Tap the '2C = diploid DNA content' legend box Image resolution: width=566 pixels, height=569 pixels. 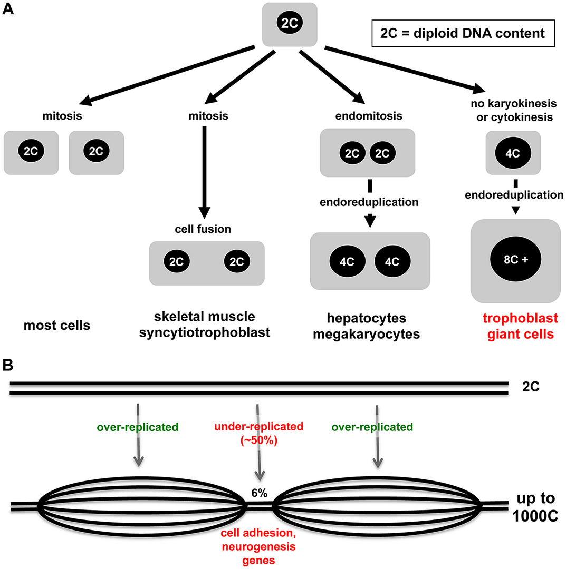click(463, 33)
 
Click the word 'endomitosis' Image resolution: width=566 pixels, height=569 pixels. click(368, 116)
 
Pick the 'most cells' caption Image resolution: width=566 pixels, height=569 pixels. click(57, 326)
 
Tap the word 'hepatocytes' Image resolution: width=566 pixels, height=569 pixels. click(368, 318)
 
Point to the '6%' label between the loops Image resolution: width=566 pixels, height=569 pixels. click(259, 494)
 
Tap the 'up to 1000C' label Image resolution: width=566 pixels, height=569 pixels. click(537, 505)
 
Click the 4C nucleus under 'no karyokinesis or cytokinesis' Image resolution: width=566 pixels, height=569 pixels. click(512, 153)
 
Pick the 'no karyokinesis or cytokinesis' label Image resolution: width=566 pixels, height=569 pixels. click(512, 110)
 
